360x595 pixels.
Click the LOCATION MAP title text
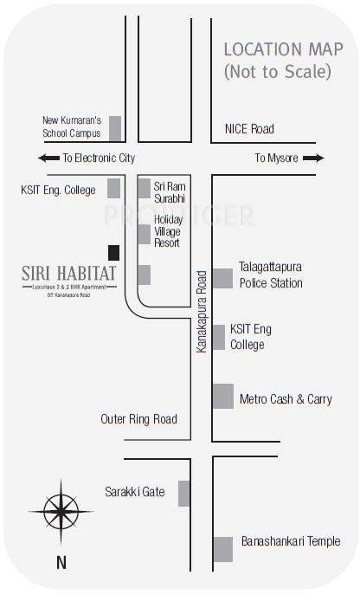coord(277,49)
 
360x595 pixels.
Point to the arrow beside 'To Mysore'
coord(314,158)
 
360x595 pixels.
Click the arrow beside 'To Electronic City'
coord(44,158)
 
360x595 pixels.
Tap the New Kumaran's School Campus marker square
coord(114,126)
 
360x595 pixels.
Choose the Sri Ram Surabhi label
coord(170,191)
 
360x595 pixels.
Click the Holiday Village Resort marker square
coord(144,234)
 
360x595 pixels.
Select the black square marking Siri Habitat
coord(112,252)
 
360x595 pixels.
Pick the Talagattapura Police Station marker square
coord(222,278)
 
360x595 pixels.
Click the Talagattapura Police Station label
coord(271,276)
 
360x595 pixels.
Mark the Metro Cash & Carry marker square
coord(222,396)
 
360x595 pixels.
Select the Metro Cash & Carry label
coord(286,399)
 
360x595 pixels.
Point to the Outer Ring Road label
coord(138,419)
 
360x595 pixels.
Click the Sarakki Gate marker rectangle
coord(183,493)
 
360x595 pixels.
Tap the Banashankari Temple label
coord(290,542)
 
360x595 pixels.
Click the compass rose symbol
coord(61,509)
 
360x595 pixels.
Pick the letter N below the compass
coord(61,562)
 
